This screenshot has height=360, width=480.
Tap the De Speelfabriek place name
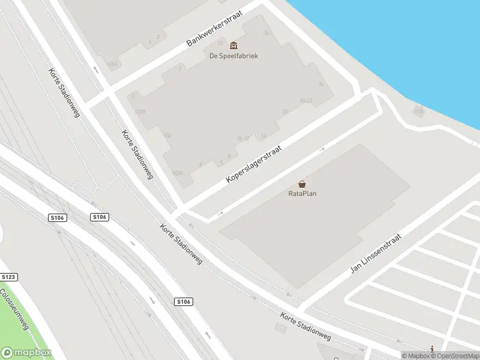coord(233,56)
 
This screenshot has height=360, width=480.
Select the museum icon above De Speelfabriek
coord(233,46)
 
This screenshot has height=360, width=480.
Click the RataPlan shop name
coord(302,194)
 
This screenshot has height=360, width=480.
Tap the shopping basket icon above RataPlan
coord(302,184)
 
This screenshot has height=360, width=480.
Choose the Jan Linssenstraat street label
coord(375,254)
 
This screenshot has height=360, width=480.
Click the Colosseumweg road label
coord(14,309)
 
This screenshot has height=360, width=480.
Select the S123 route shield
coord(8,277)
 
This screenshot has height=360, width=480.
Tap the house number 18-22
coord(306,101)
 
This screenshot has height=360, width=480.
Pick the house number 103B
coord(140,111)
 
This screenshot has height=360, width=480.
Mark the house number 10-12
coord(243,139)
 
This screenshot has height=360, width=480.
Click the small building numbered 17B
coord(419,110)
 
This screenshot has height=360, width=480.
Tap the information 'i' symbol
coord(431,349)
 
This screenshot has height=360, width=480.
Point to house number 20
coord(285,111)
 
